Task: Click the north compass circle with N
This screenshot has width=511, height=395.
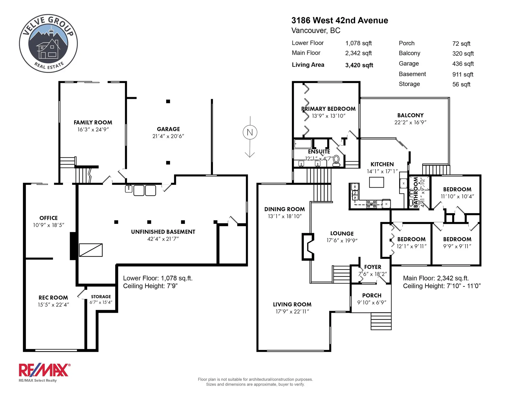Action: tap(250, 132)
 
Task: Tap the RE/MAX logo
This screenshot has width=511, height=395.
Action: tap(44, 370)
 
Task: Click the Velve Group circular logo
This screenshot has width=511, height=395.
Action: tap(48, 43)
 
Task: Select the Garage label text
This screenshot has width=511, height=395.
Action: tap(168, 129)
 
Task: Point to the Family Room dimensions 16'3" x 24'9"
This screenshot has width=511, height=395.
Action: tap(93, 130)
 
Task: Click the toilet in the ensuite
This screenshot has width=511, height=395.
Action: tap(337, 161)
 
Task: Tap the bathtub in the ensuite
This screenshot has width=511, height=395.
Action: tap(303, 144)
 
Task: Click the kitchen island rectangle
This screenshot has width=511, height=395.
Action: tap(376, 182)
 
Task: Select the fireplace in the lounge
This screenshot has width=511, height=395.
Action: tap(308, 247)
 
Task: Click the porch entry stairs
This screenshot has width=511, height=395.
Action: tap(381, 321)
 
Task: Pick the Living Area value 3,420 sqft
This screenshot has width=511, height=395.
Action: tap(359, 65)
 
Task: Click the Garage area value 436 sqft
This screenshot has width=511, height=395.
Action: tap(463, 64)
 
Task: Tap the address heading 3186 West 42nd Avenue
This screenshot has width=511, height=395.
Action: tap(340, 20)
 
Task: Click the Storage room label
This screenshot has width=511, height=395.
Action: tap(101, 297)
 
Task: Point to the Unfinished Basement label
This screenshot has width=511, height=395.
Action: tap(163, 232)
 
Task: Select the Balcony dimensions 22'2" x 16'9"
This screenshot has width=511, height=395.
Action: tap(410, 122)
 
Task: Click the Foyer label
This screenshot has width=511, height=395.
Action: tap(373, 267)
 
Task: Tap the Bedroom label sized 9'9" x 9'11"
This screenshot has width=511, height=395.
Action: tap(457, 239)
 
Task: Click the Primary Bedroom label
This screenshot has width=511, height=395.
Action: tap(328, 109)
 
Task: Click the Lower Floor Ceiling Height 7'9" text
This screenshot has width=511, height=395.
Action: tap(150, 286)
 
